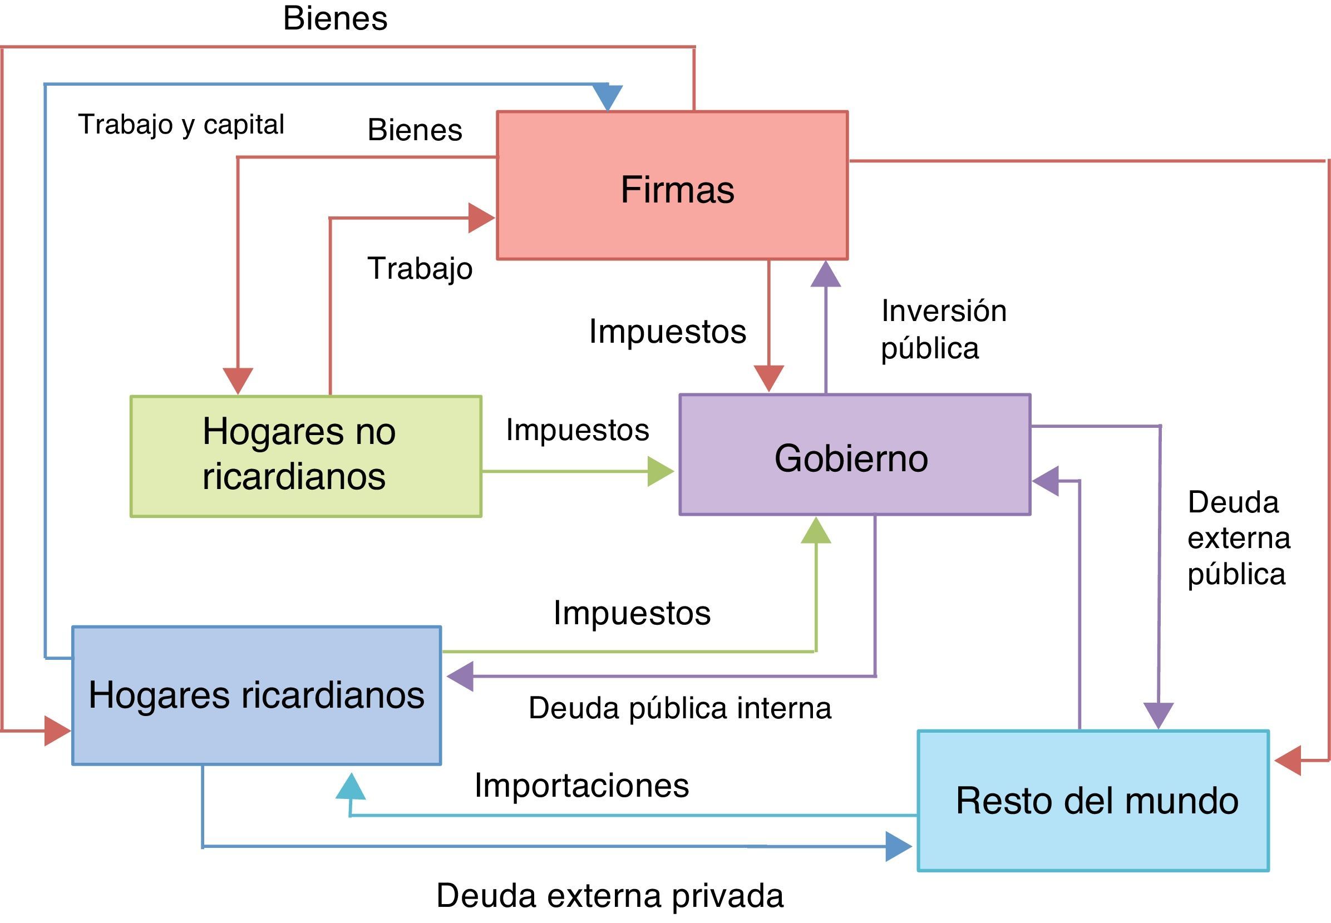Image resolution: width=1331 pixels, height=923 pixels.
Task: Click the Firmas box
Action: (672, 185)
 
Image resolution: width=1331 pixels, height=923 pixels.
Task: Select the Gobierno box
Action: (854, 455)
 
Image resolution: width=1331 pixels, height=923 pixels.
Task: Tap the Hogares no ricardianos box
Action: (305, 456)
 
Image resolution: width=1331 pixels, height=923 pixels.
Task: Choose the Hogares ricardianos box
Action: (257, 694)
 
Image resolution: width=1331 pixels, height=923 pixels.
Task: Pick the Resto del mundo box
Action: (1093, 800)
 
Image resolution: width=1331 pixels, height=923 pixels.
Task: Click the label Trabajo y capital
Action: (181, 124)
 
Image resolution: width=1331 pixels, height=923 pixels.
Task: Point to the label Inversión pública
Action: (943, 329)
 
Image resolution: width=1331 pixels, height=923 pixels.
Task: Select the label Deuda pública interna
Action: (679, 708)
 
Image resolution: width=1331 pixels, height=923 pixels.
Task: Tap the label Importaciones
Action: (581, 785)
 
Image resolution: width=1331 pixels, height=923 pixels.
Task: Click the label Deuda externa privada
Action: (610, 895)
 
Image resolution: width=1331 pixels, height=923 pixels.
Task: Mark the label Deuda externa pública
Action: (1238, 538)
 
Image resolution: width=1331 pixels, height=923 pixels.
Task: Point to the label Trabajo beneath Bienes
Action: (420, 268)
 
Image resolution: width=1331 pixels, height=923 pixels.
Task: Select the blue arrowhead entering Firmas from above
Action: (608, 97)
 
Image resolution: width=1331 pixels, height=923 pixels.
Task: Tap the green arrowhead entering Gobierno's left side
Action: (659, 471)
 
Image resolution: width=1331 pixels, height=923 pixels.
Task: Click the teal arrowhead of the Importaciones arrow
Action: (351, 788)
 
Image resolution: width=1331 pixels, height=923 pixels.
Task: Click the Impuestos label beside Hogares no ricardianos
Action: (577, 430)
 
